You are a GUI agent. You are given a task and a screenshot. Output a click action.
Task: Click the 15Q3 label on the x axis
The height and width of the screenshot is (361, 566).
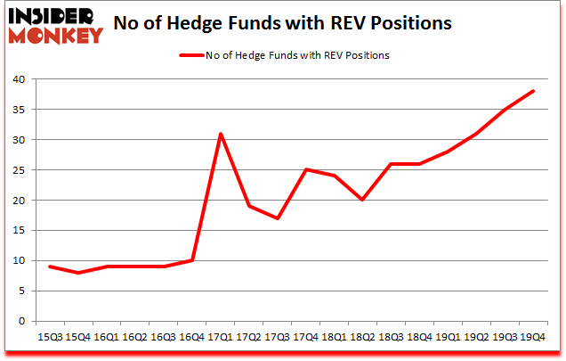coord(50,338)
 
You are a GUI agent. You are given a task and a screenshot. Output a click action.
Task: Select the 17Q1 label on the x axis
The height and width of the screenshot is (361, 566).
coord(220,338)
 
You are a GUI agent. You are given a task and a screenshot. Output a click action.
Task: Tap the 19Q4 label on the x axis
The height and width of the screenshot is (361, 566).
coord(532,338)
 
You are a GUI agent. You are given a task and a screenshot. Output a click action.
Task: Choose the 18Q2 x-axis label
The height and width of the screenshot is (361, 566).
coord(362,338)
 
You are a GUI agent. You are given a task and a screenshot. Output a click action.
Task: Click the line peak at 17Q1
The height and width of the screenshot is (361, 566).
coord(220,134)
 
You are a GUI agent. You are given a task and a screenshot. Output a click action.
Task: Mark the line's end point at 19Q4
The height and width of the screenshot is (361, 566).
coord(532,91)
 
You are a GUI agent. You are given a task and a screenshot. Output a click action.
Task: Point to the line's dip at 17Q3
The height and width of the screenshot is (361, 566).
coord(277,218)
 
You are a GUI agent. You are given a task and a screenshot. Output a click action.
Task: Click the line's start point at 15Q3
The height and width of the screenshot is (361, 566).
coord(50,267)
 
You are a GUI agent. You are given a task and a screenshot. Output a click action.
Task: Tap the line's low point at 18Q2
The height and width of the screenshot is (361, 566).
coord(362,200)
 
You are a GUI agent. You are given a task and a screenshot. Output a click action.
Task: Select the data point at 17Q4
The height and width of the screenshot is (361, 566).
coord(305,169)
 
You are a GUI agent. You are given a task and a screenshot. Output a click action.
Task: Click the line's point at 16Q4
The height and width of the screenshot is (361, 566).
coord(191,260)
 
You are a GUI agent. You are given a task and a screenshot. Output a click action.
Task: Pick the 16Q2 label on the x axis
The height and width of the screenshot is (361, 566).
coord(134,338)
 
